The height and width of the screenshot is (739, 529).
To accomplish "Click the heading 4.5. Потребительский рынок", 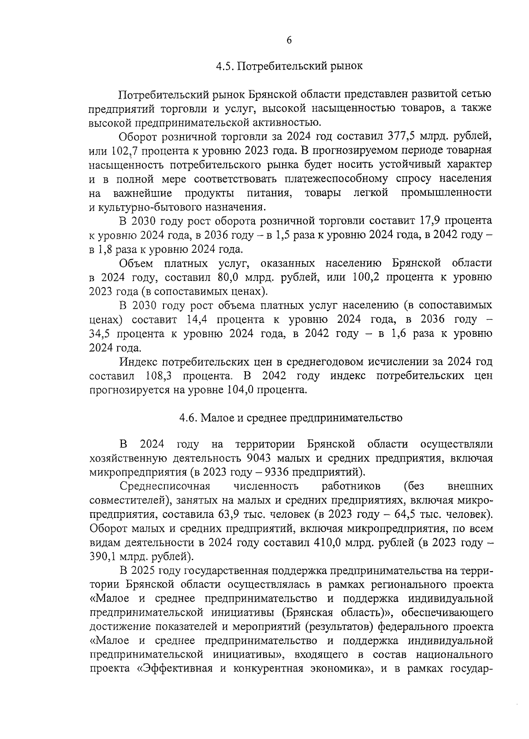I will point(289,67).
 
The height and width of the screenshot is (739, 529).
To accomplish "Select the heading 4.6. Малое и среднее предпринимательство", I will point(291,418).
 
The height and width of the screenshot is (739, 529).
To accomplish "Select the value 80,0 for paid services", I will point(230,277).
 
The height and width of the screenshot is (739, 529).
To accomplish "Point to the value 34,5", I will point(100,333).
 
